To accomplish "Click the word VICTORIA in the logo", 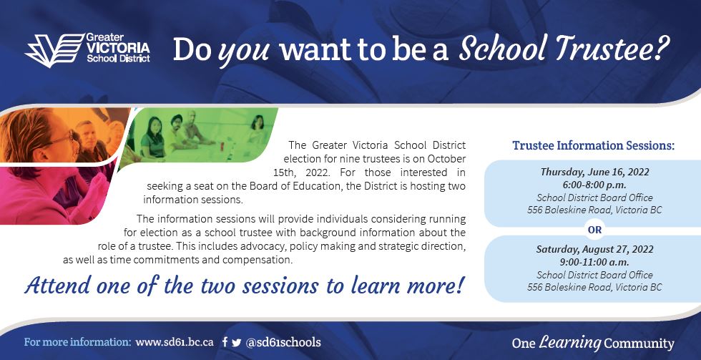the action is pos(118,48).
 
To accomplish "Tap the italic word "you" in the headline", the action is pos(245,50).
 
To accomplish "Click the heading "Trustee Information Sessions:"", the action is pos(593,145).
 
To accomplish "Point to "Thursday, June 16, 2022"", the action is pos(594,172).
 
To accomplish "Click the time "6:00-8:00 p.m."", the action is pos(594,185).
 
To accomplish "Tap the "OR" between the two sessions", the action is pos(594,230).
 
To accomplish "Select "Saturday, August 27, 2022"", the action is pos(594,249).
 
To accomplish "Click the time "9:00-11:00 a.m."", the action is pos(594,262).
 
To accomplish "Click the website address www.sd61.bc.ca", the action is pos(175,343).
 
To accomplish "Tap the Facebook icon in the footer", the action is pos(225,343).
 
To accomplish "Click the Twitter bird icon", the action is pos(237,343).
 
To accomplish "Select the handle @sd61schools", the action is pos(283,343).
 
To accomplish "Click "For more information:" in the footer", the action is pos(78,343).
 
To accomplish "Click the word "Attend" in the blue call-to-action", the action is pos(58,286).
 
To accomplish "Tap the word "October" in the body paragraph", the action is pos(446,159).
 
